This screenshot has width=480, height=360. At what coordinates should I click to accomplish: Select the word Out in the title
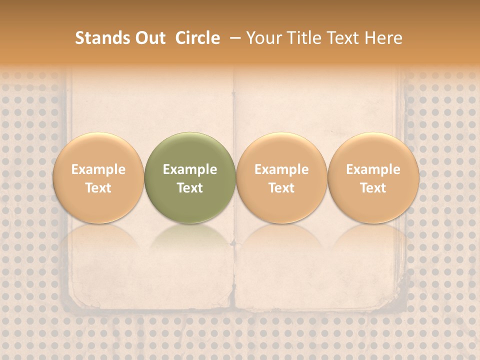[149, 38]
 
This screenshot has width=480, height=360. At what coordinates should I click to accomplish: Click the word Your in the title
[263, 38]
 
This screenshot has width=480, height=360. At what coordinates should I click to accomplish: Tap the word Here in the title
[383, 38]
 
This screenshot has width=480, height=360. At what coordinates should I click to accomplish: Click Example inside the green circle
[190, 169]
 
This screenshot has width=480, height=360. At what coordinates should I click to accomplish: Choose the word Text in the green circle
[190, 188]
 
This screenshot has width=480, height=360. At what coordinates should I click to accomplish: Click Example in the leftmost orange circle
[98, 169]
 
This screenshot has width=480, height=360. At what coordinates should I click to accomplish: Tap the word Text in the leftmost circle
[98, 188]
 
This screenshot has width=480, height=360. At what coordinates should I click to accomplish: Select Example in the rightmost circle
[373, 169]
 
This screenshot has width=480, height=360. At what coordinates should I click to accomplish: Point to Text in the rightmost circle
[373, 188]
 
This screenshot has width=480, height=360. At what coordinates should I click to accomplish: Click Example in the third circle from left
[281, 169]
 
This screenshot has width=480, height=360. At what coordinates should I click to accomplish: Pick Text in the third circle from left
[281, 188]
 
